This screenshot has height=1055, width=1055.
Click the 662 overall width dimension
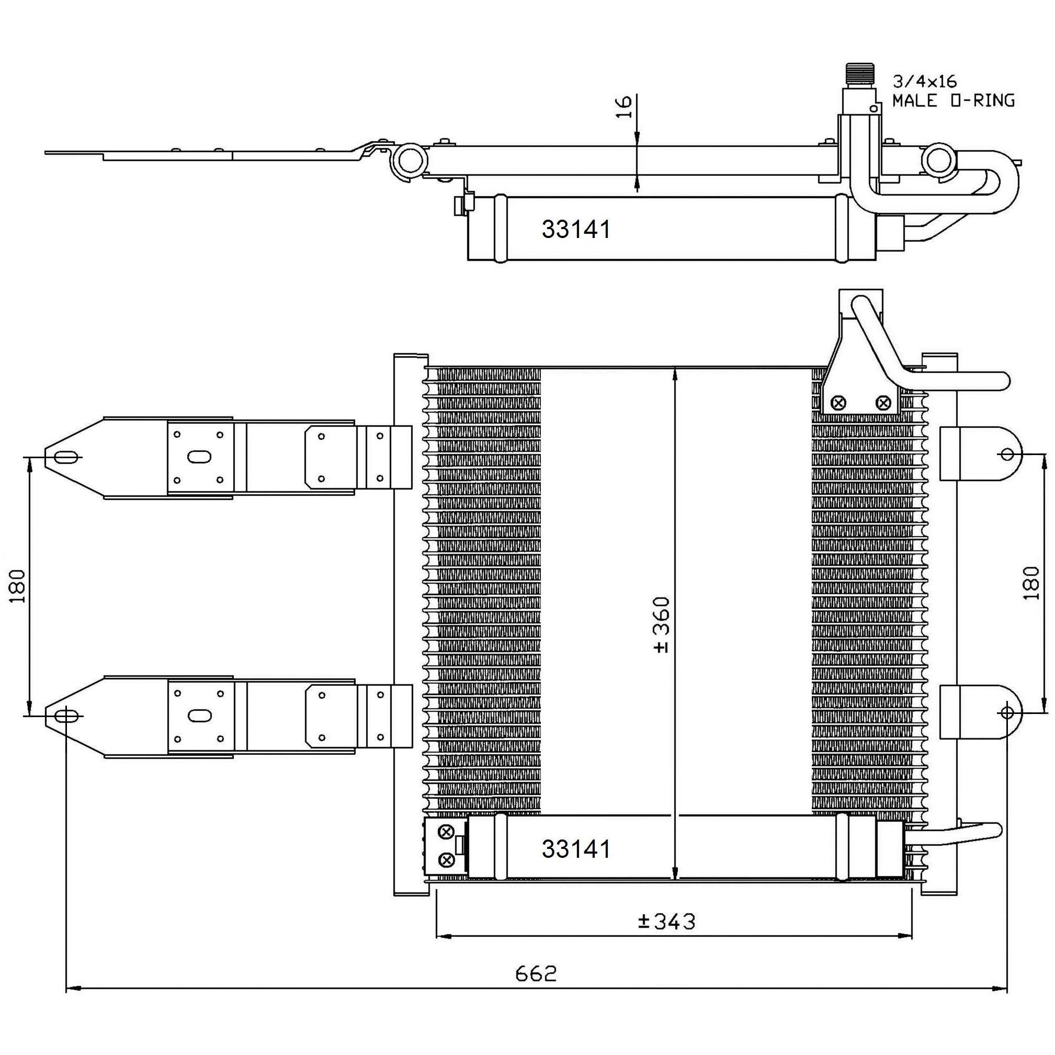point(536,973)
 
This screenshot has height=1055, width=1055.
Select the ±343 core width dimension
point(667,921)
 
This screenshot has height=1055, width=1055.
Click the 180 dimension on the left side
point(18,585)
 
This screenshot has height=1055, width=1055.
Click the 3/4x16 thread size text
point(924,82)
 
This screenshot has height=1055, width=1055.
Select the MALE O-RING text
point(954,100)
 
